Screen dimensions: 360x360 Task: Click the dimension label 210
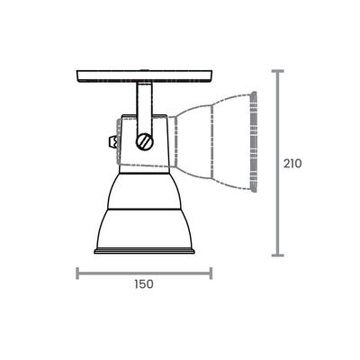[292, 164]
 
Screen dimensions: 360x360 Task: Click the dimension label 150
[144, 283]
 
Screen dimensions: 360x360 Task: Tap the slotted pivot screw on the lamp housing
[145, 141]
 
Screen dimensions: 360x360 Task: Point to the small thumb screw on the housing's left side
[112, 141]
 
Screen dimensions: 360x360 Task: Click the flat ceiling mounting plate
[145, 76]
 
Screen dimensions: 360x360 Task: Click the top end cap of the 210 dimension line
[278, 71]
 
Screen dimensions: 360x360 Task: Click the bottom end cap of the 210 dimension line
[278, 256]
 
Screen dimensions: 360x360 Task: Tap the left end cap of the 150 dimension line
[77, 273]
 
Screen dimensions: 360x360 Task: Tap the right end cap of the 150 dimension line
[211, 273]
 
